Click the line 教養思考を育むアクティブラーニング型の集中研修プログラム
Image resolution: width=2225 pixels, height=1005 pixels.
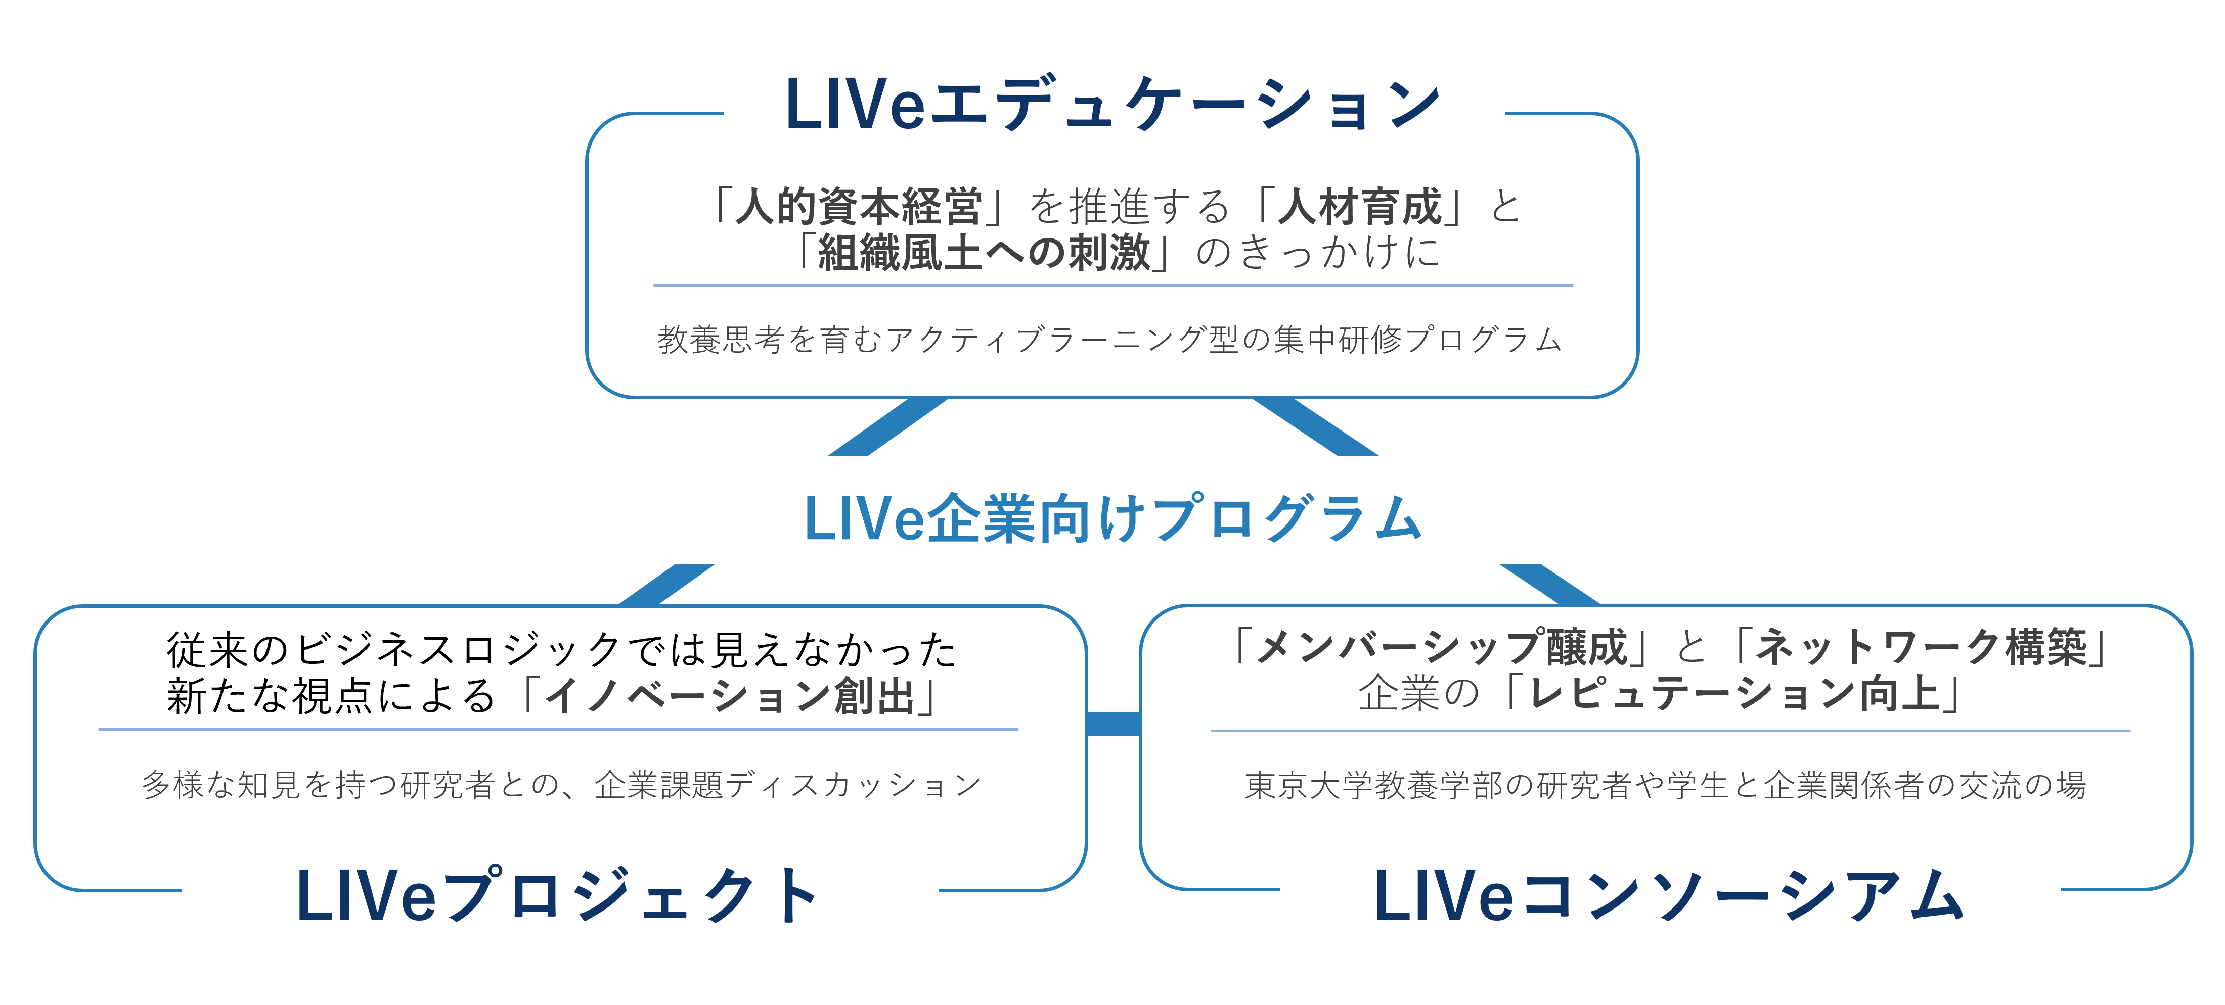pos(1110,340)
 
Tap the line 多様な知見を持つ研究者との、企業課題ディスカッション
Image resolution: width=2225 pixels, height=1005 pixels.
pos(561,785)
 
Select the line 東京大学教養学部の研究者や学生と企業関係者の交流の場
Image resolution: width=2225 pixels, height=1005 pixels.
pos(1665,785)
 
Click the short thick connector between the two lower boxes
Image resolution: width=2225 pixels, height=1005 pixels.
pos(1114,724)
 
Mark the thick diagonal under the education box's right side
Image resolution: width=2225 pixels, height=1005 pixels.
pos(1315,426)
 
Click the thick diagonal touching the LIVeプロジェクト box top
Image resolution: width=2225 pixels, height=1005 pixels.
pos(667,585)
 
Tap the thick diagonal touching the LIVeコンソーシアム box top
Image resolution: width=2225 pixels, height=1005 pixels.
pos(1549,585)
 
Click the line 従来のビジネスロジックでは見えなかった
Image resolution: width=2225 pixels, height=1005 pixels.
pos(561,649)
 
